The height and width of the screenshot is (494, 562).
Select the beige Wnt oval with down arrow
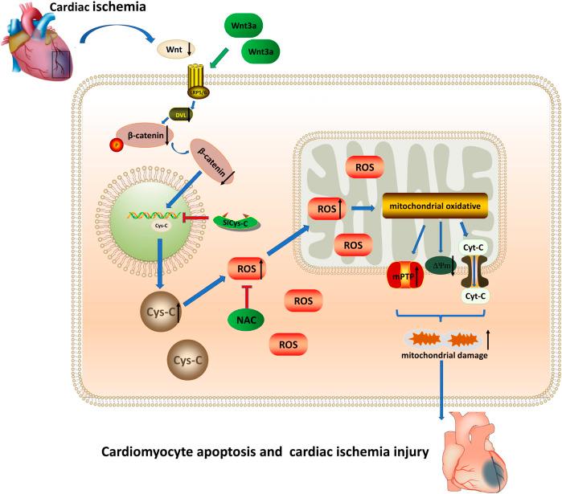(174, 50)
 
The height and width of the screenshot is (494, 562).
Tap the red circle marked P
(115, 145)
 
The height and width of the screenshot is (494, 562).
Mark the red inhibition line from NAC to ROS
(248, 294)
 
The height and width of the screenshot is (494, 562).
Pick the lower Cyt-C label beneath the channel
(477, 296)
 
